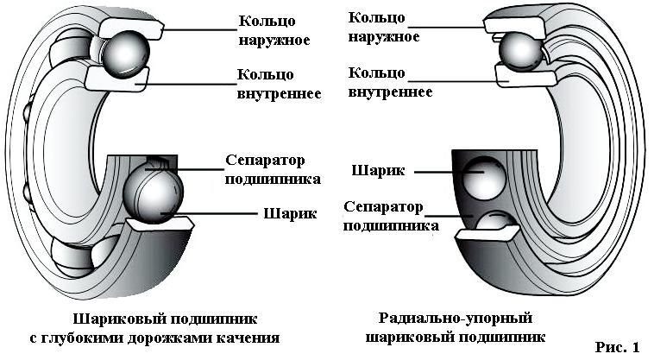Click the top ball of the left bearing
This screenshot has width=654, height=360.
[x=125, y=54]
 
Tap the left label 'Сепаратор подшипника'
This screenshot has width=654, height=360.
[x=273, y=170]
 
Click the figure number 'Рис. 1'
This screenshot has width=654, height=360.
[x=618, y=346]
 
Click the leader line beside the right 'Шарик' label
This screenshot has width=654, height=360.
[x=435, y=172]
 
